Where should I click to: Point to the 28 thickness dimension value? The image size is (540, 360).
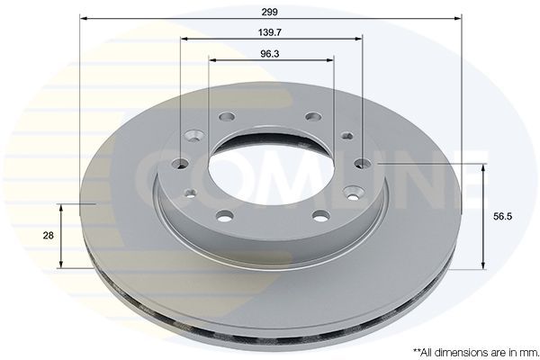point(48,235)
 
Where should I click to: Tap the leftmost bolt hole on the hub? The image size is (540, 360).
point(181,163)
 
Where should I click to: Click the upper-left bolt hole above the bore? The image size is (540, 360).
point(226,117)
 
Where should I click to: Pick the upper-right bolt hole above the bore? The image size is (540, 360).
point(313,117)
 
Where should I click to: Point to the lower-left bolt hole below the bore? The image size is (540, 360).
point(224,215)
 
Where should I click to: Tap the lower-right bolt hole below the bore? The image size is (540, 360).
point(319,215)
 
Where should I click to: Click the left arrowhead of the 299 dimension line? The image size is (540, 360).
point(84,18)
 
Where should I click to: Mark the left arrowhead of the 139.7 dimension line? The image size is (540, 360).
point(184,40)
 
